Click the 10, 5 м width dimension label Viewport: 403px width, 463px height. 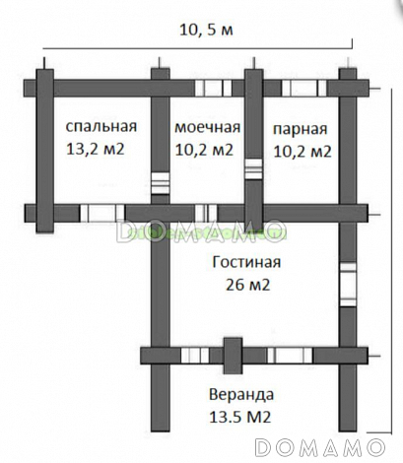[x=206, y=30]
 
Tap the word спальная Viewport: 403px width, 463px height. [x=101, y=126]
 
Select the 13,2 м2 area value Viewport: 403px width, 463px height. [x=96, y=149]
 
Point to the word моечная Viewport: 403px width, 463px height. [x=207, y=127]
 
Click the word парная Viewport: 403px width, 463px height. [x=301, y=129]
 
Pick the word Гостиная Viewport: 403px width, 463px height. [x=246, y=262]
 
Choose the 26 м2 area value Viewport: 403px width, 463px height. [x=247, y=285]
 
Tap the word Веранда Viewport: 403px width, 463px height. [x=241, y=394]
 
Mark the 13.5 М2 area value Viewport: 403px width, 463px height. [x=240, y=417]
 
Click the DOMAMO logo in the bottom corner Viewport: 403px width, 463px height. [x=320, y=447]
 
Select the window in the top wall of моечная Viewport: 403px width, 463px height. [x=213, y=88]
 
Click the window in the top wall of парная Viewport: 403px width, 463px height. [x=303, y=88]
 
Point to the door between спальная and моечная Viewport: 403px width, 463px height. [x=161, y=183]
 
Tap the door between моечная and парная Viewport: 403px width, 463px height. [x=254, y=168]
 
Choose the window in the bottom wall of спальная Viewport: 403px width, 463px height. [x=102, y=213]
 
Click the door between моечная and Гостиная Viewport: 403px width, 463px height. [x=206, y=213]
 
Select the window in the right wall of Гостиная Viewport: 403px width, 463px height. [x=348, y=285]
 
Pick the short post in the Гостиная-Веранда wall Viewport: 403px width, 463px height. [x=233, y=356]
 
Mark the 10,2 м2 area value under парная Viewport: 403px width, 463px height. [x=302, y=152]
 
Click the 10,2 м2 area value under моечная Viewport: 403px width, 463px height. [x=204, y=150]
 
